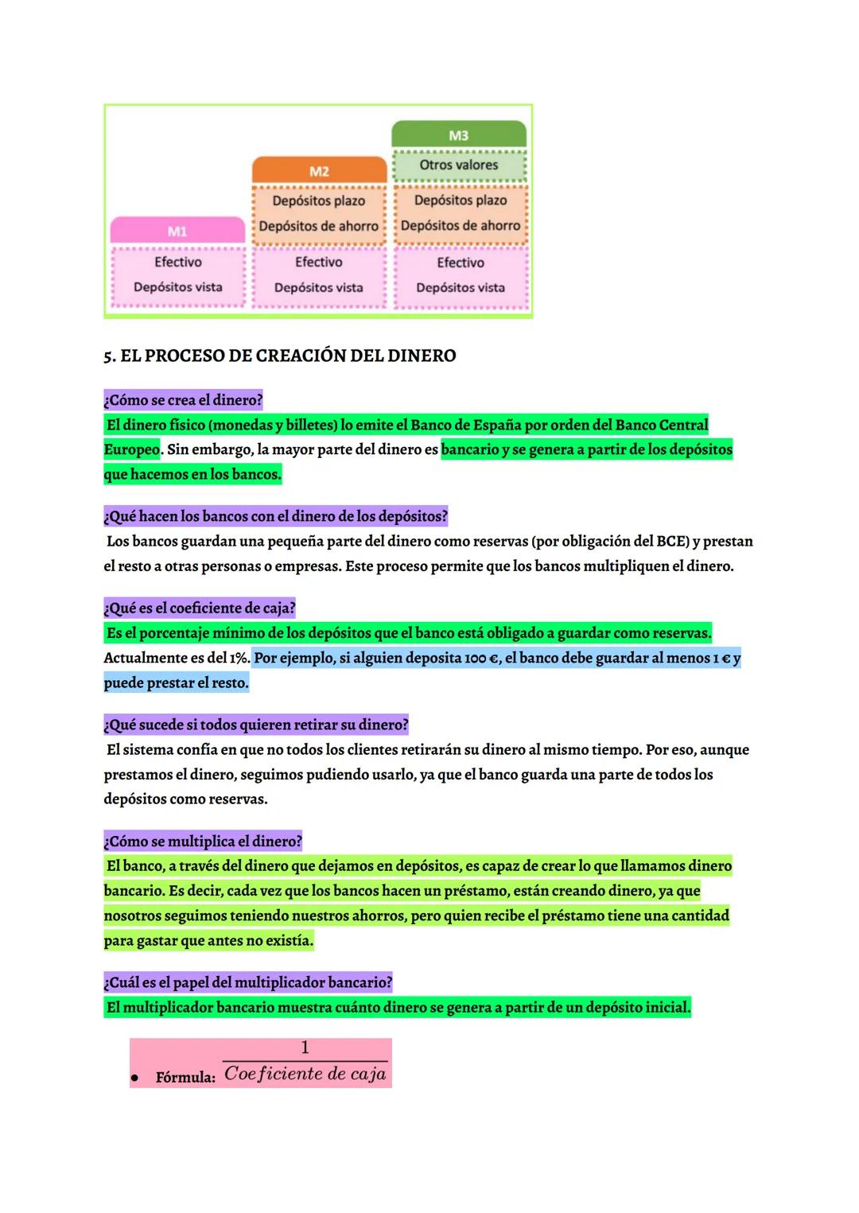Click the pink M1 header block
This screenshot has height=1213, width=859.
tap(177, 231)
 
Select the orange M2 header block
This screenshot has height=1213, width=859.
tap(319, 171)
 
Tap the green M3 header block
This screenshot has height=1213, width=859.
tap(459, 135)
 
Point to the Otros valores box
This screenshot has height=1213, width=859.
tap(459, 165)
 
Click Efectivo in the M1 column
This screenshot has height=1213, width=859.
tap(177, 262)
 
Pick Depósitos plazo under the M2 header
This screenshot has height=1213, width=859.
tap(318, 200)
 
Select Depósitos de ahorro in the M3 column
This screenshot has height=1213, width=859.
tap(460, 225)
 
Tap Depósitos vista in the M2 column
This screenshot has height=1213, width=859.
tap(318, 287)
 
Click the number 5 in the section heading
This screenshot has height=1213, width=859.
tap(108, 356)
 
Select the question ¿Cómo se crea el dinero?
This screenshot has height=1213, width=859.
tap(183, 400)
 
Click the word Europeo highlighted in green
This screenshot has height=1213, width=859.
tap(131, 449)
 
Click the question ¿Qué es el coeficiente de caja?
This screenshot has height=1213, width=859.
tap(200, 608)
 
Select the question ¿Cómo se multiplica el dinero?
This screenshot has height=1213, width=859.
tap(203, 842)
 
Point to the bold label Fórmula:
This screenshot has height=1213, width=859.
tap(185, 1078)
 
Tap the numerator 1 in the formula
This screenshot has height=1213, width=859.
tap(305, 1048)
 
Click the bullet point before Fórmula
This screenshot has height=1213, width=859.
tap(135, 1079)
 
